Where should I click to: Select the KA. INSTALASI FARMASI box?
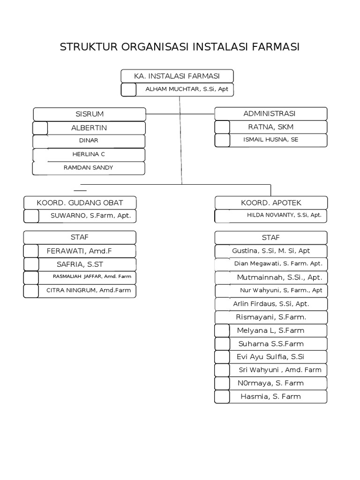coord(177,76)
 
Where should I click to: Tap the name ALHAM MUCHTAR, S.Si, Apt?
coord(187,89)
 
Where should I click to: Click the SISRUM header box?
coord(90,114)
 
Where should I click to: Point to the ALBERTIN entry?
coord(89,127)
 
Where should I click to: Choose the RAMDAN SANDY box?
coord(89,167)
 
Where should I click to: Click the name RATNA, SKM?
coord(270,127)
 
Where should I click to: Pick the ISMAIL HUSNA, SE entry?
coord(270,140)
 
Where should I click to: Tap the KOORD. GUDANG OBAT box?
coord(80,202)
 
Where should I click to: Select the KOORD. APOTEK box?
coord(271,202)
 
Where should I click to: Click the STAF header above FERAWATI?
coord(80,237)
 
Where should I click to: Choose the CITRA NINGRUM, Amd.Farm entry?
coord(88,290)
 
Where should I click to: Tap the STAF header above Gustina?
coord(271,238)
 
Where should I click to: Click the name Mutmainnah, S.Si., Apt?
coord(279,277)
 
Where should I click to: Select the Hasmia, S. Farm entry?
coord(270,397)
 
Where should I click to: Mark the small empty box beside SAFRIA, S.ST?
coord(31,264)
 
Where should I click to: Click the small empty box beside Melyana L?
coord(222,330)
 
